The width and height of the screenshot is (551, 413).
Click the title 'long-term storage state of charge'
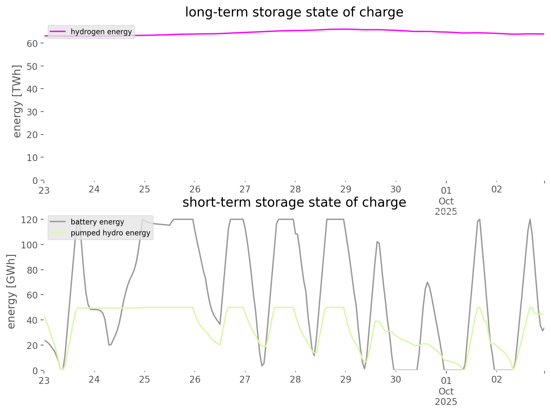[294, 12]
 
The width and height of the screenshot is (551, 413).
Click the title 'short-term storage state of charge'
[294, 202]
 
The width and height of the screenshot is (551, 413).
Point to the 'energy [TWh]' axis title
[17, 101]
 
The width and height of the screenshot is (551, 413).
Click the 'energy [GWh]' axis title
[11, 291]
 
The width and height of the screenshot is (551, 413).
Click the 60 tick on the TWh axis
[32, 43]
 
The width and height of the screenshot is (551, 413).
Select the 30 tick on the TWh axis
[32, 112]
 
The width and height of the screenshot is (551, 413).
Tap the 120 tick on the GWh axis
[29, 220]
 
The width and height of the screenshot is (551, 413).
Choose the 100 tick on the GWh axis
[29, 245]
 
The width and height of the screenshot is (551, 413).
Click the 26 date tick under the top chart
[195, 189]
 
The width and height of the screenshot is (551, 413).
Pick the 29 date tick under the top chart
[346, 189]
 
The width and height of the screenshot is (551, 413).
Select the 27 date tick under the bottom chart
[245, 379]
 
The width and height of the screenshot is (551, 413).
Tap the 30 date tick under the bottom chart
[396, 379]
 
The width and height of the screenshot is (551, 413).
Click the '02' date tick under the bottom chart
[496, 379]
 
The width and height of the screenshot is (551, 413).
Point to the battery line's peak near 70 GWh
[427, 282]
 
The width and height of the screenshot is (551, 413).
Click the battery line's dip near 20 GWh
[109, 345]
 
